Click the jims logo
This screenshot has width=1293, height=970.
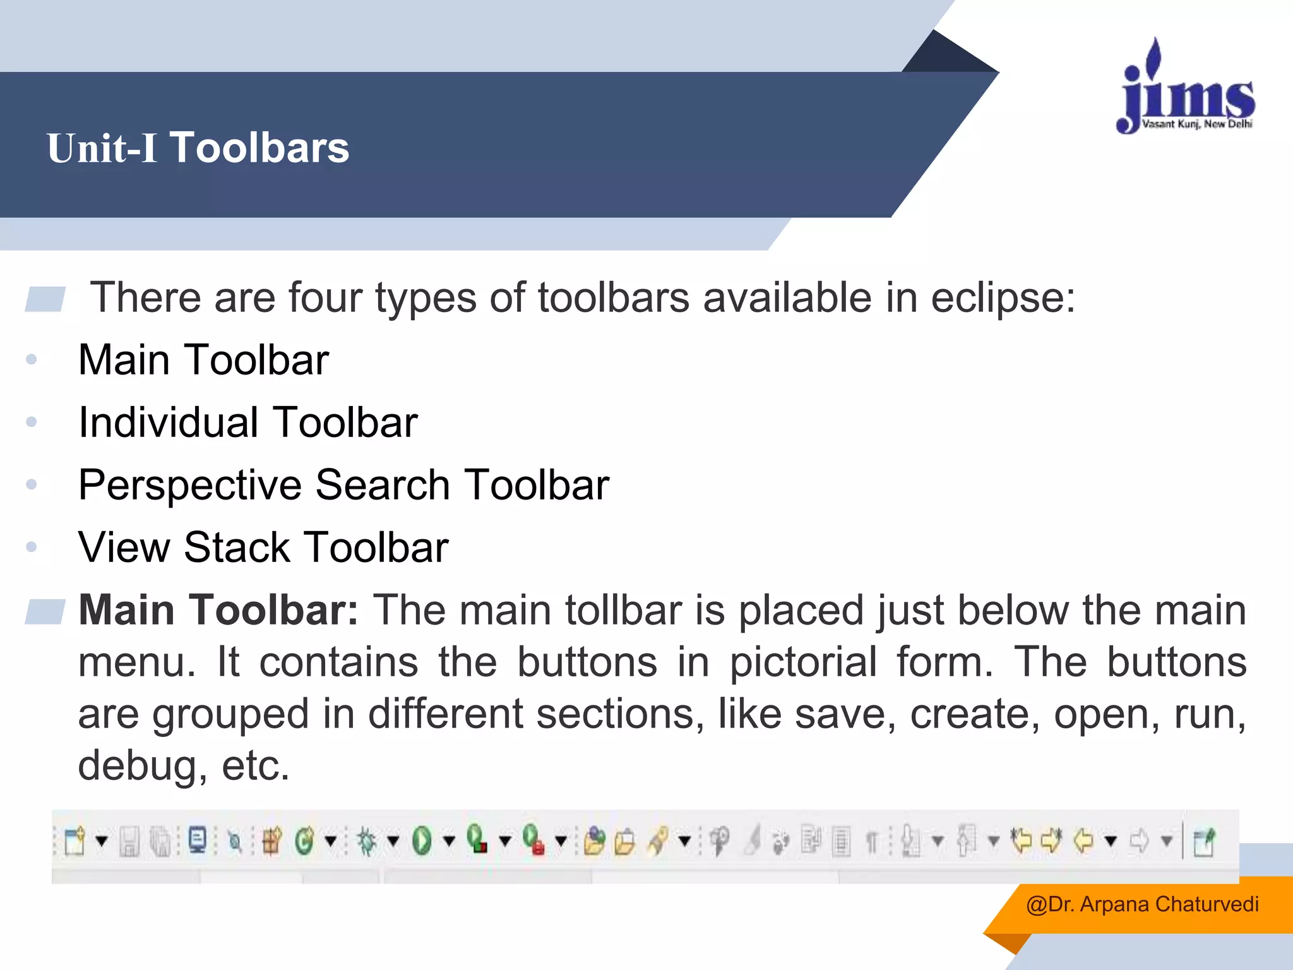click(1186, 88)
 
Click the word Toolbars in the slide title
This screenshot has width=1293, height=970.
click(259, 148)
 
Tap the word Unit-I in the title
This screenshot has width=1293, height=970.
click(102, 148)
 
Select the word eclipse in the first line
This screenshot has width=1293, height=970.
click(1003, 297)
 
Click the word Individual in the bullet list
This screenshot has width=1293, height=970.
click(168, 422)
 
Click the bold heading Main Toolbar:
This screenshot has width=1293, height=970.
click(218, 610)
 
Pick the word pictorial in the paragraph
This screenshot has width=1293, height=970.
click(803, 662)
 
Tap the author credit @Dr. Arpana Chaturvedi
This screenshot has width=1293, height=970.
click(1142, 904)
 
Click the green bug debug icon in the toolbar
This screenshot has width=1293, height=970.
click(366, 841)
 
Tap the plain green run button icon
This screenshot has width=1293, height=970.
click(422, 841)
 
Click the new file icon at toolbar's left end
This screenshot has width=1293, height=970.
click(74, 841)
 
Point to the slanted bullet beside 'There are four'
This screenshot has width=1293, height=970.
click(45, 299)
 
